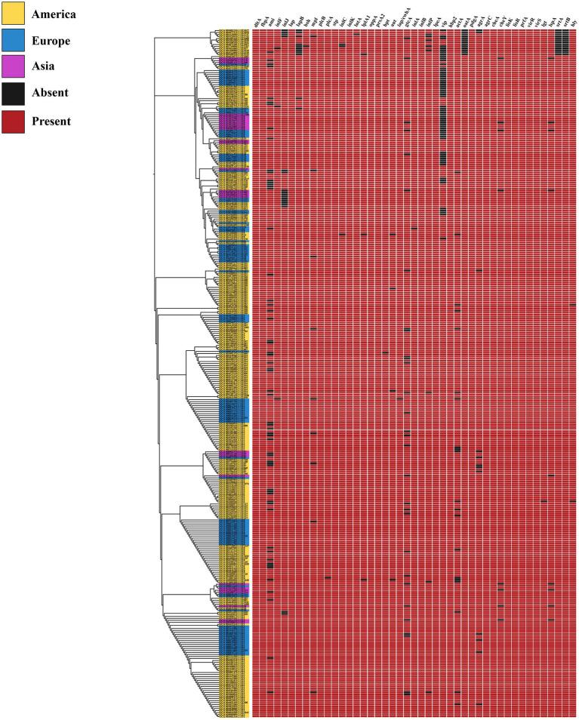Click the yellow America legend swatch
13,13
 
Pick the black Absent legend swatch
13,94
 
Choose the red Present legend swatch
13,120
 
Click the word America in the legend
54,14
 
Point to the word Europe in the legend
51,41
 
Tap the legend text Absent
50,94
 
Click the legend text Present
51,120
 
